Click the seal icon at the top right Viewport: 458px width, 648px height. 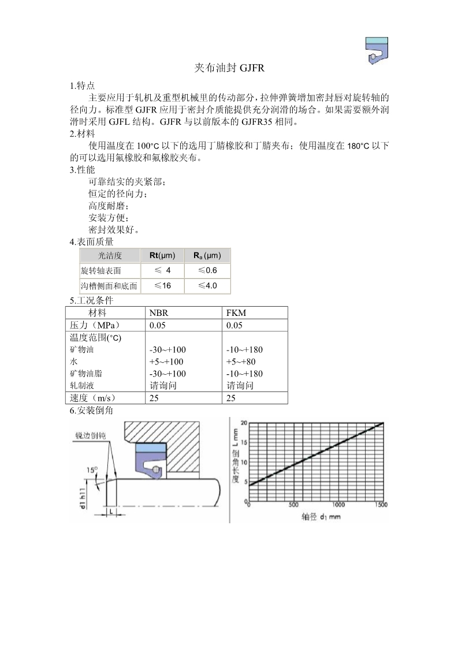coord(377,50)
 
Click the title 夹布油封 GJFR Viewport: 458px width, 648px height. coord(229,69)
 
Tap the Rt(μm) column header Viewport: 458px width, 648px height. coord(162,255)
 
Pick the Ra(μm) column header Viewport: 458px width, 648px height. coord(207,255)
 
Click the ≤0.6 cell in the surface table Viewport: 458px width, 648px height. coord(207,270)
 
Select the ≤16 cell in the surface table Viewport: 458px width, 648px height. coord(162,286)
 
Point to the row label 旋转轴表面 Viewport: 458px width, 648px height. coord(101,271)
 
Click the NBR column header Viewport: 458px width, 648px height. coord(158,312)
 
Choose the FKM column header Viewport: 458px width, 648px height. coord(236,312)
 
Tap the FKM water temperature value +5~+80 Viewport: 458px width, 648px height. coord(241,362)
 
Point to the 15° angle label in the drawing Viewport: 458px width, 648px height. coord(92,470)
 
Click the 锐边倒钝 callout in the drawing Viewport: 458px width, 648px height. coord(90,435)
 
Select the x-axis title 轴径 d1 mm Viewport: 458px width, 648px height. coord(321,516)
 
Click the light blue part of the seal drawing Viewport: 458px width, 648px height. coord(151,448)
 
